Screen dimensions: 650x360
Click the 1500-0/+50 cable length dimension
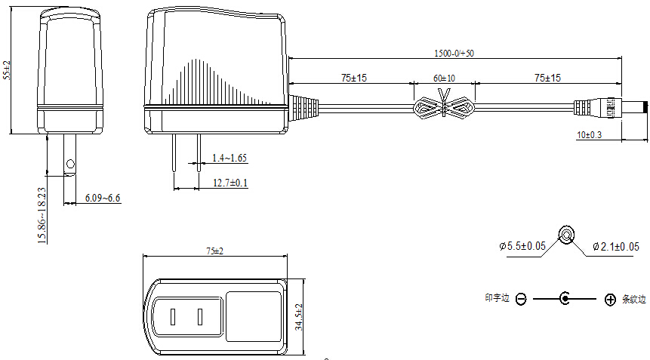point(454,54)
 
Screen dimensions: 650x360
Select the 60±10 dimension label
point(444,78)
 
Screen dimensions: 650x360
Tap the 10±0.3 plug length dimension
point(589,134)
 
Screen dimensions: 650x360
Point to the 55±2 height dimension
point(7,70)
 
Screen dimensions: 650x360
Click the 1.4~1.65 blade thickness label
point(230,158)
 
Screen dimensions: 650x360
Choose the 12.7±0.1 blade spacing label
point(230,183)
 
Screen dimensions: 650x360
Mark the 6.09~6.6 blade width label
point(103,198)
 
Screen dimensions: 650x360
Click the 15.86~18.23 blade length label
point(42,215)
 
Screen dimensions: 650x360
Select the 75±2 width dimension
point(214,251)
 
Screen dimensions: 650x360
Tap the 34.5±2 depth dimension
point(299,317)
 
